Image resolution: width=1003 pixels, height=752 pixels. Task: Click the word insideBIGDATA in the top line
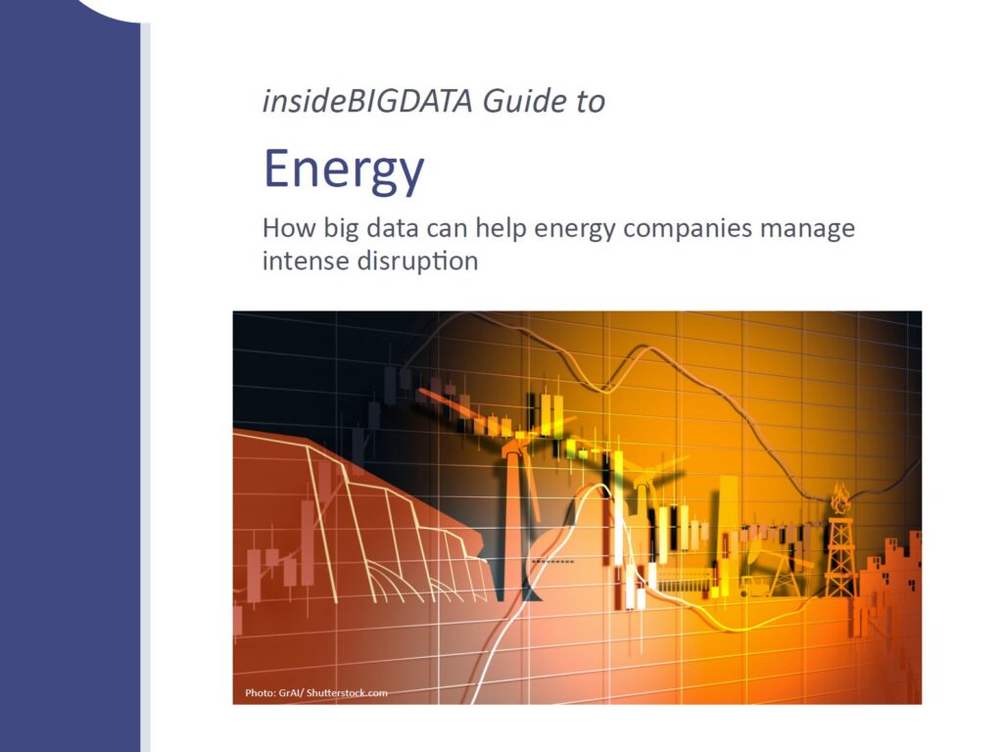point(367,101)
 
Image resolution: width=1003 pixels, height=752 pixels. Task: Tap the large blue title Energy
point(344,169)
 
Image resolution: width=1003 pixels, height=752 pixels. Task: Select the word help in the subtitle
point(501,229)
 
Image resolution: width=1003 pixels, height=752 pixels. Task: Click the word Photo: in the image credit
point(260,692)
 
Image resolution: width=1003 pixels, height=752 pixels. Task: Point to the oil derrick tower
point(840,555)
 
